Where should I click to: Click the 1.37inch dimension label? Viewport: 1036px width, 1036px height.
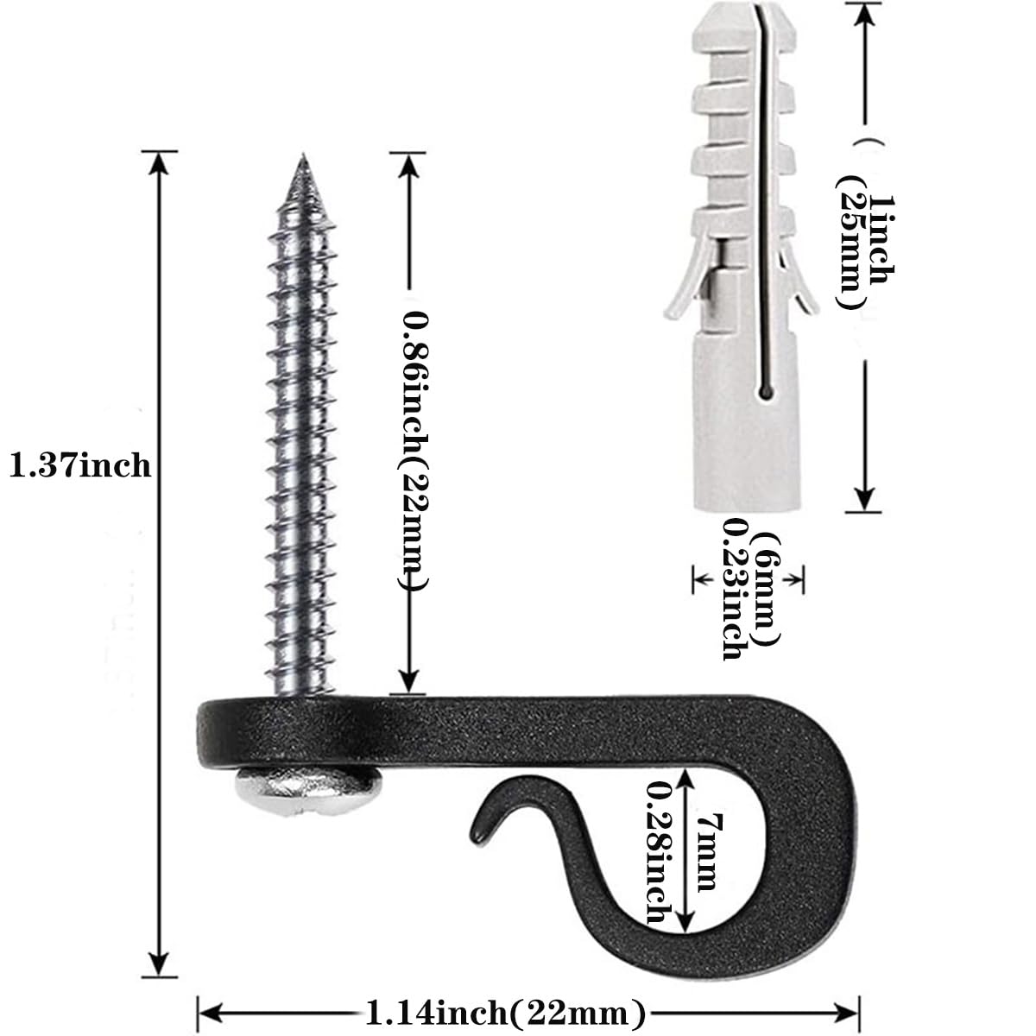tap(80, 465)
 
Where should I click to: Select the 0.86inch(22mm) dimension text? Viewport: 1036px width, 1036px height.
tap(414, 450)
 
